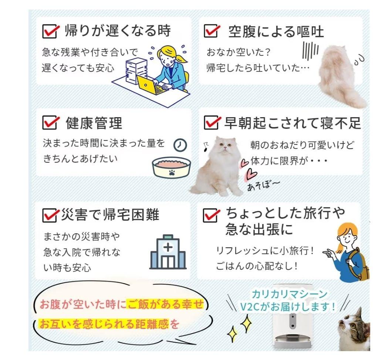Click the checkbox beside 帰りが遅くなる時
49,31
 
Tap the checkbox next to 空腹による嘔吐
211,31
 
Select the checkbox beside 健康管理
49,122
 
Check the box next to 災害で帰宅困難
49,215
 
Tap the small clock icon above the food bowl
180,145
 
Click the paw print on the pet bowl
172,172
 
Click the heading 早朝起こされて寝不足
292,123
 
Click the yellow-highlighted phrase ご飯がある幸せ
165,305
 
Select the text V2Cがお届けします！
288,306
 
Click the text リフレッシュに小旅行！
265,251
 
